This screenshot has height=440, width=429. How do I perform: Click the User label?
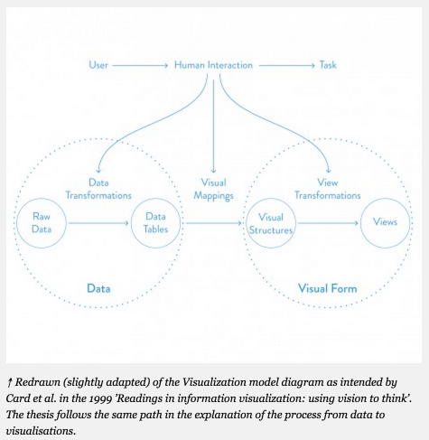98,65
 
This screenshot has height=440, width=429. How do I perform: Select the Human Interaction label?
213,65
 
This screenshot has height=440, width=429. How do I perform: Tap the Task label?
328,65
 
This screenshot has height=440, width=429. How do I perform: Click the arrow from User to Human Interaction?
140,65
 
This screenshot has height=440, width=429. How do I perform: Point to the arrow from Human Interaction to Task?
287,65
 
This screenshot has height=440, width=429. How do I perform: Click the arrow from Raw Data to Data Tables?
98,223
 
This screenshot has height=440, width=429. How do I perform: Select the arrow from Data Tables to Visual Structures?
214,223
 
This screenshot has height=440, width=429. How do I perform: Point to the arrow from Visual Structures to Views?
328,223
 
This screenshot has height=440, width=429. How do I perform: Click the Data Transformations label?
98,189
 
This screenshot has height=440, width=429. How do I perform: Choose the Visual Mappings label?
213,189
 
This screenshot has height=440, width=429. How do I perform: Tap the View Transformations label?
328,189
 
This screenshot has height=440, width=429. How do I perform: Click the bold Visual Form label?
328,288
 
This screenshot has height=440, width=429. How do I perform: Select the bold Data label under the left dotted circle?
98,288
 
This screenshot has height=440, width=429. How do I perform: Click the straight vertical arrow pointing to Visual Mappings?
213,126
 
